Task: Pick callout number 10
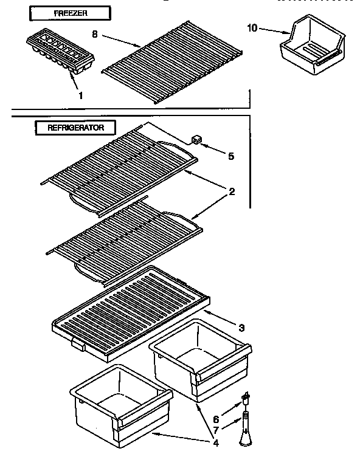[x=254, y=27]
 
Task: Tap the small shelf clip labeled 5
[x=196, y=140]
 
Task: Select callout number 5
[x=230, y=156]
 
